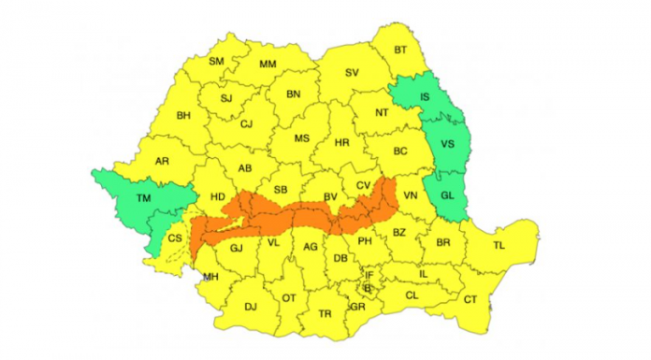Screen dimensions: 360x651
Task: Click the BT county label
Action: (400, 50)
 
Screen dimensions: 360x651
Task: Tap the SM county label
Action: (217, 62)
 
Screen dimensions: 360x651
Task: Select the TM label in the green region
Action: (143, 198)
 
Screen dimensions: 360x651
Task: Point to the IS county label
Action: (425, 96)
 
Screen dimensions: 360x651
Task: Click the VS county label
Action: (447, 144)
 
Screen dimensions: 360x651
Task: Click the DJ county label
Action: (250, 306)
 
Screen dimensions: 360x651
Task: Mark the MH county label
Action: (210, 277)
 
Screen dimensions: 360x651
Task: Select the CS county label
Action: (175, 239)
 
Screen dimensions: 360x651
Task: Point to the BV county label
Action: (329, 195)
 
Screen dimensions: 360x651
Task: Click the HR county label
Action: (342, 143)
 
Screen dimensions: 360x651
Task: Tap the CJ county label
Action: (247, 123)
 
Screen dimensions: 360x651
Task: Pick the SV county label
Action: (352, 72)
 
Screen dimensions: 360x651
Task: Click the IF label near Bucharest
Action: (369, 275)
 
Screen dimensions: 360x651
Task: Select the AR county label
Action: (162, 161)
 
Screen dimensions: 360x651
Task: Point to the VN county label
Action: (410, 195)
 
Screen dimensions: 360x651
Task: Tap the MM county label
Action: (268, 65)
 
